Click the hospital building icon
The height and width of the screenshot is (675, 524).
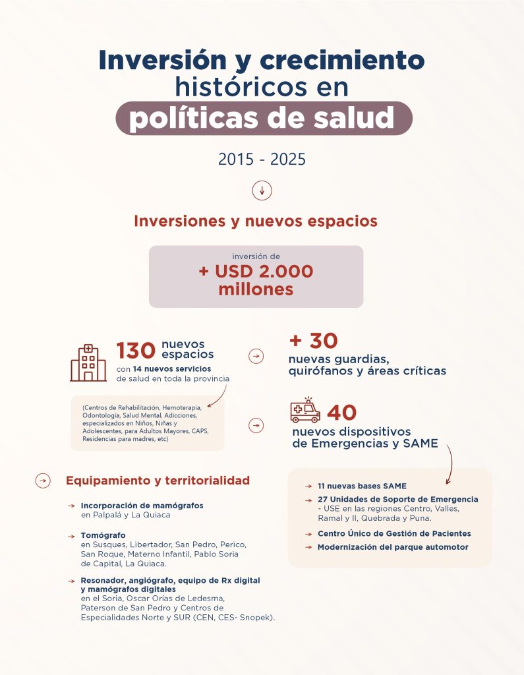tap(88, 362)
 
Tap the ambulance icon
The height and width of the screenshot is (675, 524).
tap(305, 411)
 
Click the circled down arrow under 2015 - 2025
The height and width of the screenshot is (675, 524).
tap(262, 191)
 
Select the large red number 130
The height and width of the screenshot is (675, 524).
tap(136, 351)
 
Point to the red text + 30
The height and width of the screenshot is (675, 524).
tap(313, 341)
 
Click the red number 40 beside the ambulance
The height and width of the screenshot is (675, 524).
tap(341, 413)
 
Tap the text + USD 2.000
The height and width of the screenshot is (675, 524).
tap(256, 271)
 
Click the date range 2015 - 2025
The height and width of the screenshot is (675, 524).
tap(262, 160)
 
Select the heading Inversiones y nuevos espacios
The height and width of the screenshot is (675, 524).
tap(256, 221)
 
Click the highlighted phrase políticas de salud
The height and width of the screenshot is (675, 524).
tap(262, 119)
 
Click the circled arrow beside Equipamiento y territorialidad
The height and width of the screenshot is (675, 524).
tap(43, 481)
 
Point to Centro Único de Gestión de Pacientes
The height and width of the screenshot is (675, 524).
tap(394, 533)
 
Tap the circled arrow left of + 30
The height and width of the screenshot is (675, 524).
tap(255, 356)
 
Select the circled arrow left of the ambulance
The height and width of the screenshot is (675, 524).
tap(255, 426)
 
